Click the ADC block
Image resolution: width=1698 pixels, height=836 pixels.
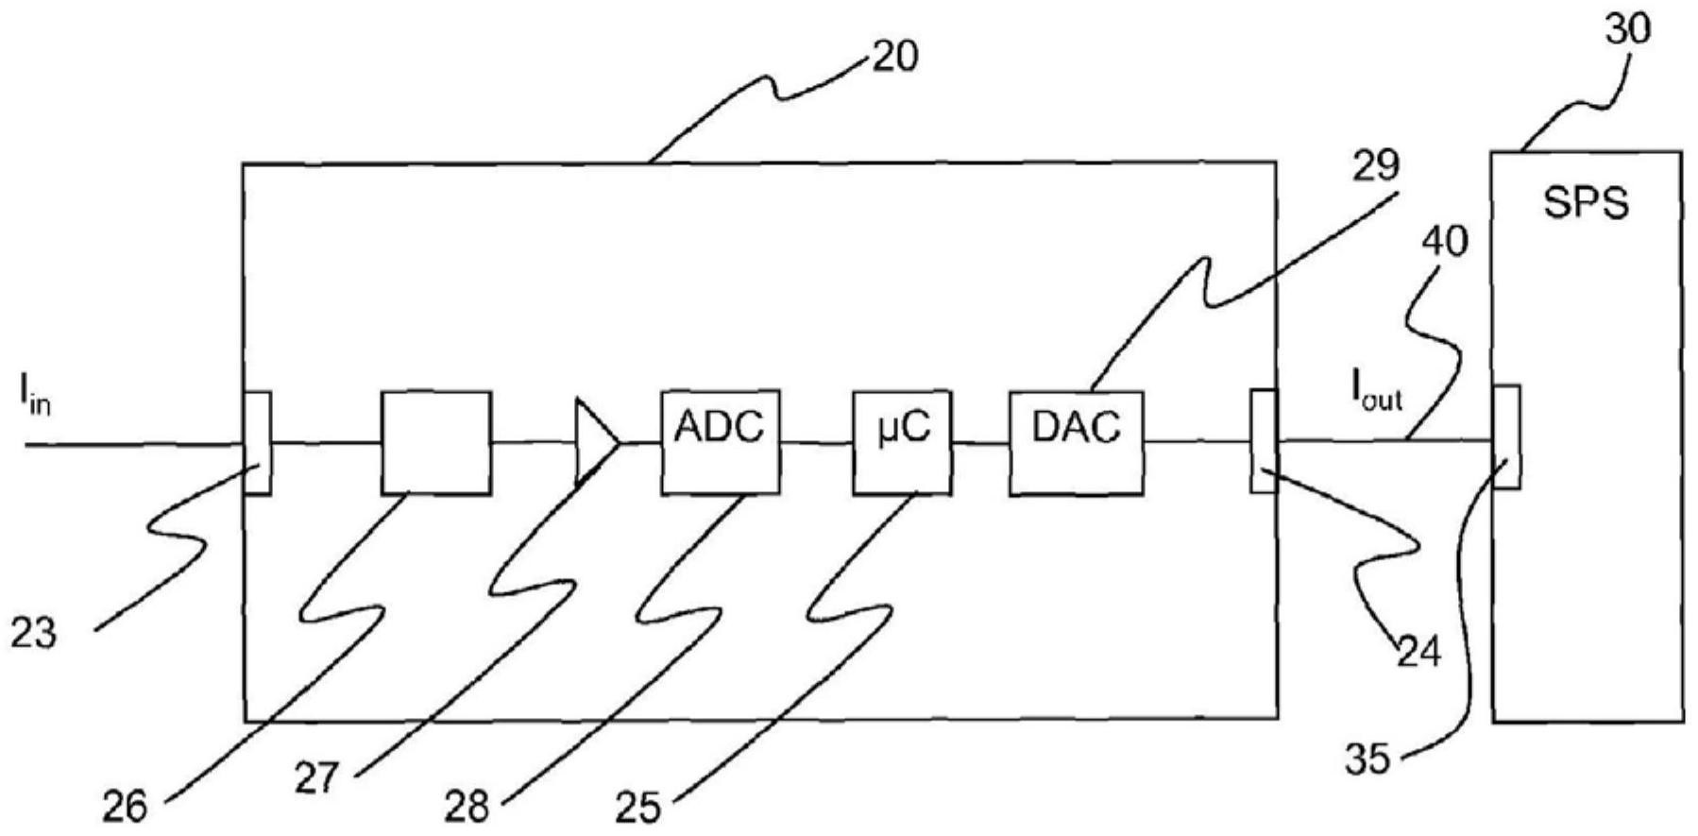pyautogui.click(x=721, y=441)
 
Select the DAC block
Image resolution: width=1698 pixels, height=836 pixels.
pyautogui.click(x=1075, y=441)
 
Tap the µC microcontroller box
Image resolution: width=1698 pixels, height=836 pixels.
pyautogui.click(x=901, y=441)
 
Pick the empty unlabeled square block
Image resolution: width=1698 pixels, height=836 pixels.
pyautogui.click(x=435, y=441)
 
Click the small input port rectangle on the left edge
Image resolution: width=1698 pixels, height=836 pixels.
pyautogui.click(x=258, y=442)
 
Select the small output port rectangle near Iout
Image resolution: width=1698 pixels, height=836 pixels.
pyautogui.click(x=1264, y=440)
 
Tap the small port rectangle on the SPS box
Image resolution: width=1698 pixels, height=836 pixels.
pyautogui.click(x=1506, y=436)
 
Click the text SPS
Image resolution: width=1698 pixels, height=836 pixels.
pyautogui.click(x=1586, y=202)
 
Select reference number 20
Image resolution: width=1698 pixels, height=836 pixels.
pyautogui.click(x=893, y=59)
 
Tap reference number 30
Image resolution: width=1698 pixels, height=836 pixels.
pyautogui.click(x=1628, y=30)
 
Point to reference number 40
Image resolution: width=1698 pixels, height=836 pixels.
pyautogui.click(x=1446, y=242)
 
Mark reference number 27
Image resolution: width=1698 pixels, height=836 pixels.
pyautogui.click(x=317, y=780)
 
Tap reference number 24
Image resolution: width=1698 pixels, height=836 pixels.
pyautogui.click(x=1419, y=652)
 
